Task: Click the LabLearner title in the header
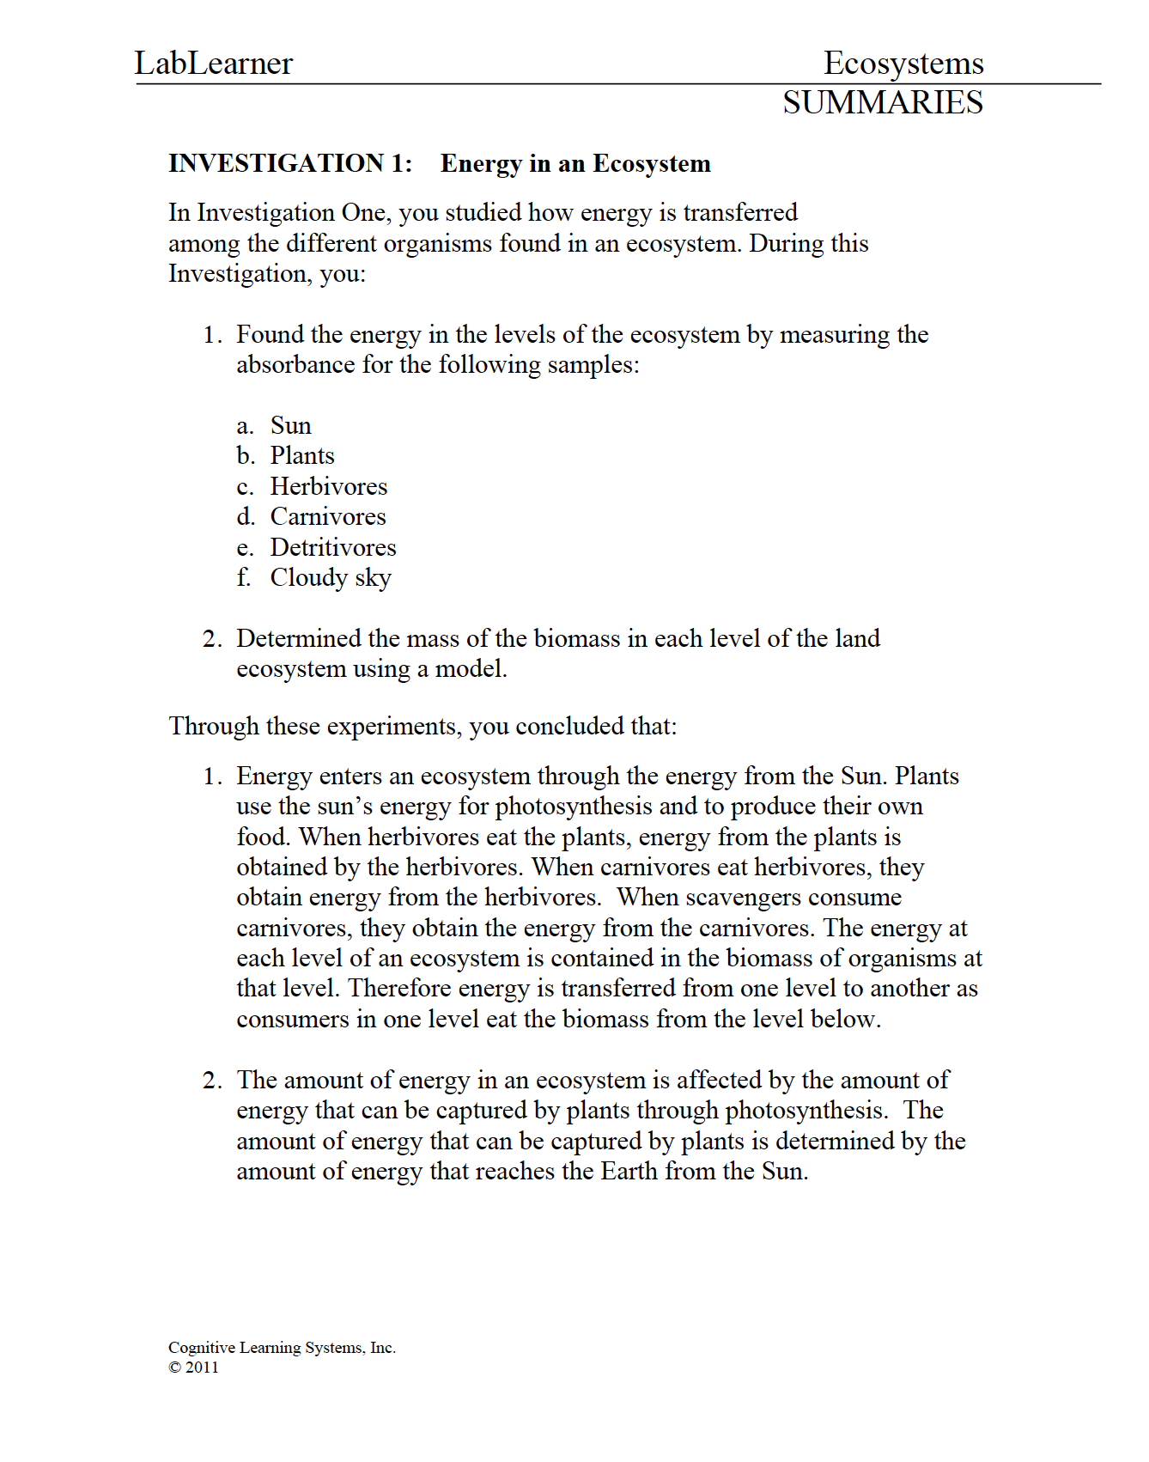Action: click(x=213, y=64)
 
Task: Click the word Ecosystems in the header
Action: click(x=903, y=64)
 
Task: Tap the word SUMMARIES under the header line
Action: click(x=883, y=103)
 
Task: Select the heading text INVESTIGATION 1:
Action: click(x=290, y=163)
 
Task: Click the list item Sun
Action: click(x=290, y=426)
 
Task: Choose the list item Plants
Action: click(x=302, y=456)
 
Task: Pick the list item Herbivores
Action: click(x=329, y=487)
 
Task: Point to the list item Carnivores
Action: click(x=328, y=517)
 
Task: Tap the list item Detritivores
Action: click(x=333, y=548)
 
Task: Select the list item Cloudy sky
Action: click(x=331, y=578)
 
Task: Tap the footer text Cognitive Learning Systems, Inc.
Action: click(x=282, y=1348)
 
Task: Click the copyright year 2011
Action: click(x=202, y=1368)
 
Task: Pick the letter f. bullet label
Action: click(x=244, y=578)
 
